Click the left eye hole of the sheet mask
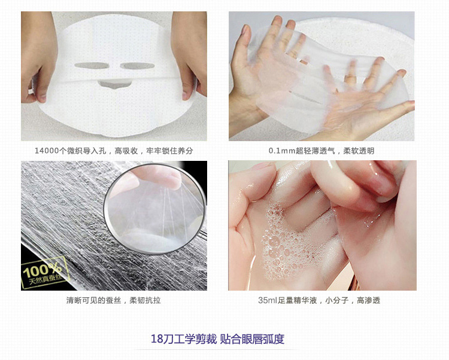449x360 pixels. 92,65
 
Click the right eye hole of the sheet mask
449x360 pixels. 137,66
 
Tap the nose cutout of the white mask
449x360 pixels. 114,84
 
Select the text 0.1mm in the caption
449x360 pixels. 282,151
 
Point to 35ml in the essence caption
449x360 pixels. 268,300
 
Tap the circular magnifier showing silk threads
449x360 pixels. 155,209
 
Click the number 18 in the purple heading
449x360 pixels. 157,339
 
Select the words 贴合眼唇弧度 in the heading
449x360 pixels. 252,339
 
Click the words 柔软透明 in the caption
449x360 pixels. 359,151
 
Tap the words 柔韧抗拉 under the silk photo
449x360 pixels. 145,300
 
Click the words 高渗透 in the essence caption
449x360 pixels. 368,300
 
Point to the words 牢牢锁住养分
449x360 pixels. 169,151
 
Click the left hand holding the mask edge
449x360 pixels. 40,56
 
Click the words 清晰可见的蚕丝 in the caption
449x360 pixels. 93,300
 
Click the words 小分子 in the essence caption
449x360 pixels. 336,300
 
